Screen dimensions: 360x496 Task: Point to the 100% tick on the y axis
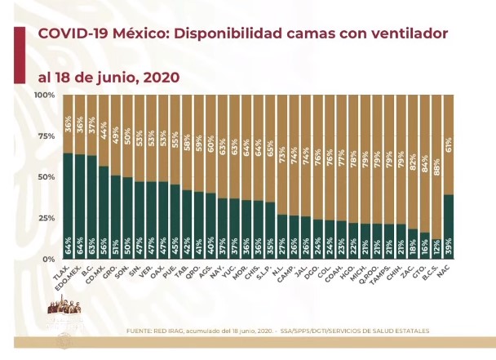pos(44,96)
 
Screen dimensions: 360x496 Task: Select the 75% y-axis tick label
pos(46,136)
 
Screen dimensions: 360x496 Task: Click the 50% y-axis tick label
pos(46,177)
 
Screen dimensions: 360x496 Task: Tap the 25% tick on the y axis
pos(46,218)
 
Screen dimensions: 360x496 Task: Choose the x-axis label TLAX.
pos(65,272)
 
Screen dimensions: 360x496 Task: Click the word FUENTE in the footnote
pos(144,331)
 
